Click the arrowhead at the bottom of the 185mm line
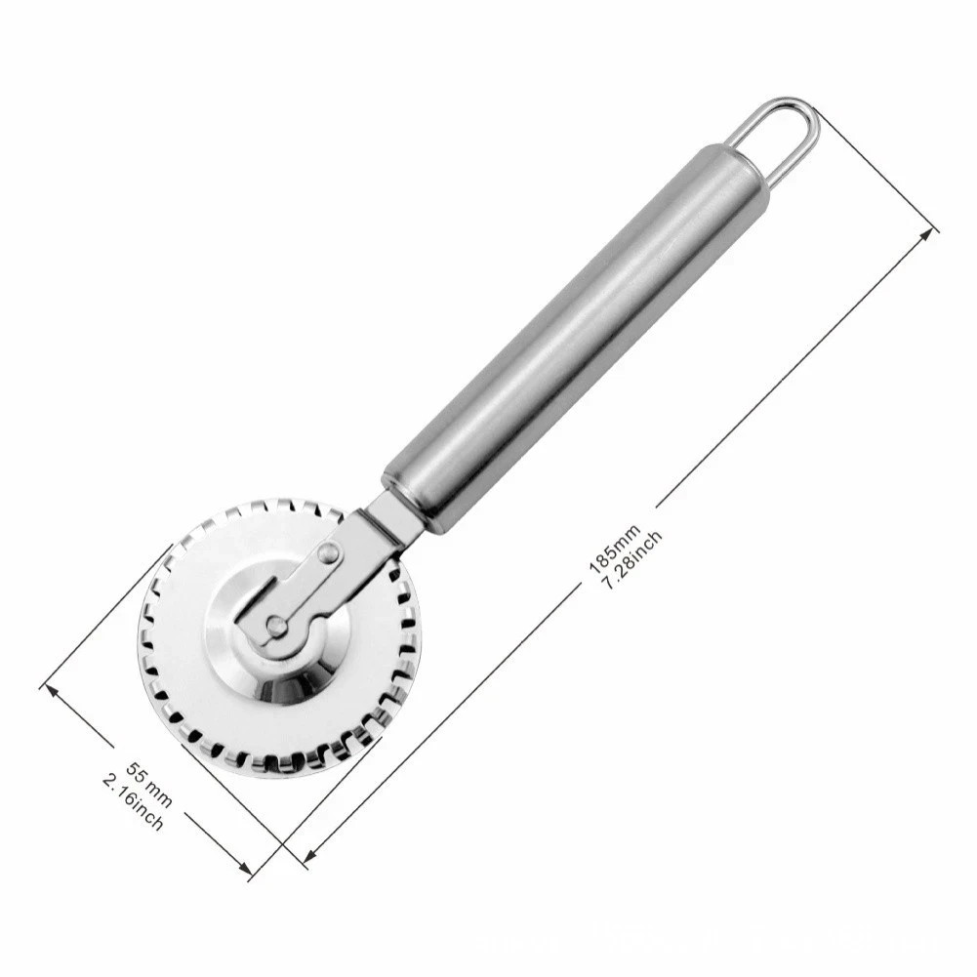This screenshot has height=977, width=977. click(x=306, y=859)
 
